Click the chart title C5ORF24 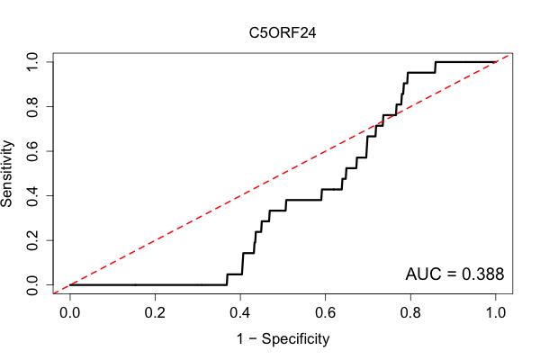[x=283, y=33]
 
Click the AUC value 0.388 [x=482, y=274]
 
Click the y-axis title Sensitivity [x=6, y=174]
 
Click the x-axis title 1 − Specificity [x=283, y=339]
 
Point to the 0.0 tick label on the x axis [x=70, y=313]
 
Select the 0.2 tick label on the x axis [x=155, y=313]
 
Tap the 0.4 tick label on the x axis [x=240, y=313]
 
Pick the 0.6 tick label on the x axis [x=325, y=313]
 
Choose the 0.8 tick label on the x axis [x=410, y=313]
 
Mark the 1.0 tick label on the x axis [x=496, y=313]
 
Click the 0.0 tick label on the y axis [x=32, y=285]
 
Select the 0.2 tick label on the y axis [x=32, y=240]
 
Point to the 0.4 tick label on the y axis [x=32, y=195]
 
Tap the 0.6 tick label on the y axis [x=32, y=151]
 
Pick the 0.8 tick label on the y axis [x=32, y=107]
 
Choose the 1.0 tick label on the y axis [x=32, y=62]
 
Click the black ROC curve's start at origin [x=70, y=285]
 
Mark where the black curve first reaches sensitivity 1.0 [x=436, y=62]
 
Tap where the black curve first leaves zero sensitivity [x=227, y=285]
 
